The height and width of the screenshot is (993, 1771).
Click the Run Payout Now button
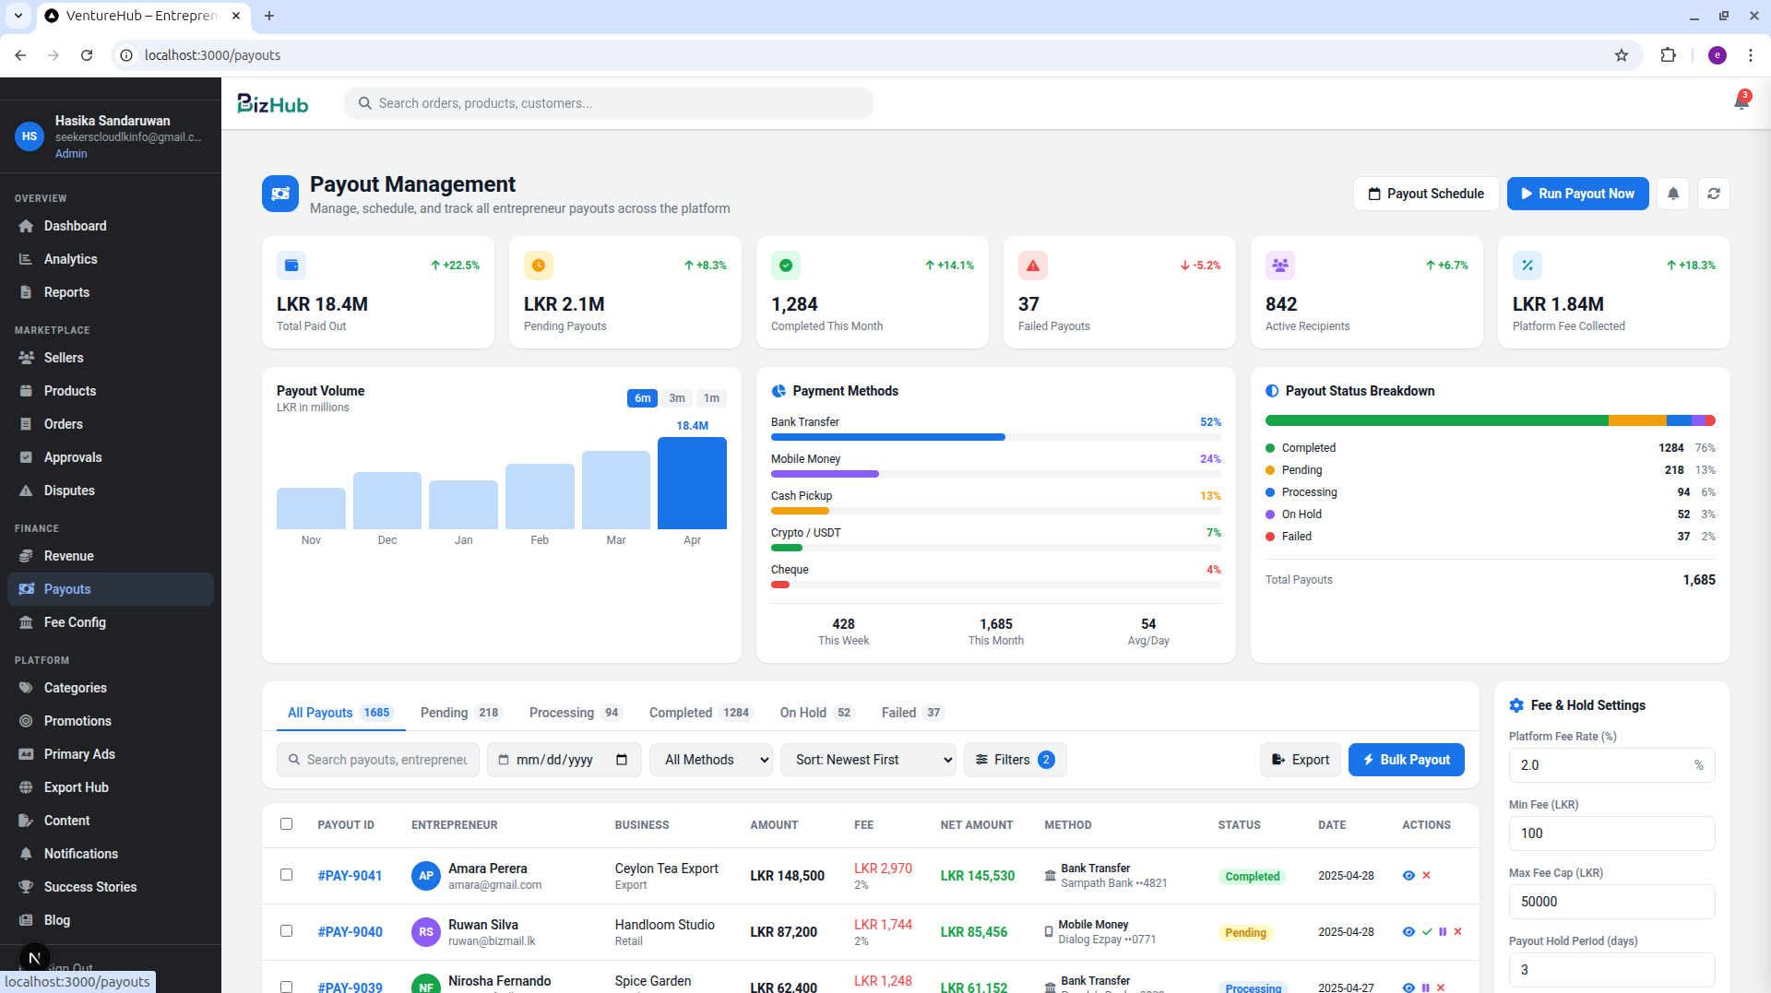click(x=1577, y=194)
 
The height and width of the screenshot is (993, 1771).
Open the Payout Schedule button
click(x=1426, y=194)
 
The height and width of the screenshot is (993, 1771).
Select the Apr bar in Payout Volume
click(x=692, y=483)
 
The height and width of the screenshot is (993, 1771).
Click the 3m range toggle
click(x=677, y=398)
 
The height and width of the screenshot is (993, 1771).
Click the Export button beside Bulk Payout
click(x=1301, y=760)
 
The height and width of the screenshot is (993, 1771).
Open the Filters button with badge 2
click(x=1015, y=760)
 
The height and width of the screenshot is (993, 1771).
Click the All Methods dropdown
click(x=711, y=760)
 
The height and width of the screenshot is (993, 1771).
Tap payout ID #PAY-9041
click(x=350, y=876)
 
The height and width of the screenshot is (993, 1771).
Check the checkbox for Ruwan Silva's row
click(x=286, y=930)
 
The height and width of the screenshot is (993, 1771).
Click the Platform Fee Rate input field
click(x=1611, y=765)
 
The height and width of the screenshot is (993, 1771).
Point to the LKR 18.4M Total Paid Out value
click(x=322, y=304)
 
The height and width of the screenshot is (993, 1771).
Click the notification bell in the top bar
click(x=1741, y=101)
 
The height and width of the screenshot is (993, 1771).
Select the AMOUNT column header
click(x=774, y=825)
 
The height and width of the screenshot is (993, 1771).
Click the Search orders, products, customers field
click(x=609, y=103)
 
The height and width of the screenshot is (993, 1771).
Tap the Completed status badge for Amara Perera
click(x=1253, y=877)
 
